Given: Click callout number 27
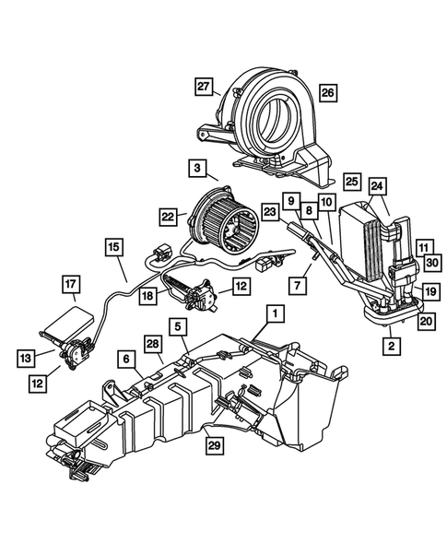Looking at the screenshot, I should [x=204, y=87].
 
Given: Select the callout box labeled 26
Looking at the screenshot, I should [x=327, y=91].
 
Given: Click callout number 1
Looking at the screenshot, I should [x=274, y=313].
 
